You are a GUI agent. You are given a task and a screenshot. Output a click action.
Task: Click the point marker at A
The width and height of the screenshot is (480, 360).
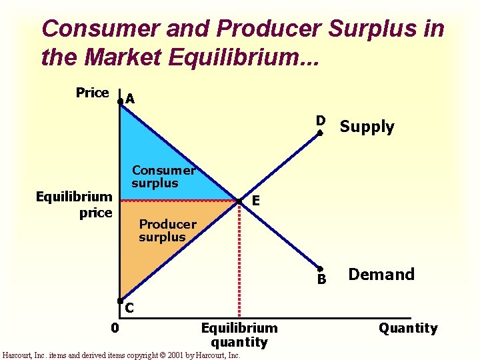tap(120, 101)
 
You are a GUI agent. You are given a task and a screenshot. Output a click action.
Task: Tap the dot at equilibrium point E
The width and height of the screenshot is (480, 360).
tap(239, 201)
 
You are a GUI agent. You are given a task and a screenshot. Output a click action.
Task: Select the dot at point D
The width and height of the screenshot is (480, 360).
tap(320, 133)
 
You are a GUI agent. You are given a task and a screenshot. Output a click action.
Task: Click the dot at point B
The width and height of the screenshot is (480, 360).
tap(320, 269)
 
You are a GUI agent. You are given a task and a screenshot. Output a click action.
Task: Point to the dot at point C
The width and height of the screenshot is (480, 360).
tap(121, 301)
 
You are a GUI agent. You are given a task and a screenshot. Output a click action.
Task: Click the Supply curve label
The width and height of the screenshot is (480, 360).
tap(367, 127)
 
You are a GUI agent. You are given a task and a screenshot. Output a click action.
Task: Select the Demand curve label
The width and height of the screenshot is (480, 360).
tap(381, 274)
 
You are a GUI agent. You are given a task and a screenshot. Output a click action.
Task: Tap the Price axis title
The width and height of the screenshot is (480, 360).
tap(92, 93)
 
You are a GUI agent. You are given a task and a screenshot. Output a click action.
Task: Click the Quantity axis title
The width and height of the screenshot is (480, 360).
tap(408, 328)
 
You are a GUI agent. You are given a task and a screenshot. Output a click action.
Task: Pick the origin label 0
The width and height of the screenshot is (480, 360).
tap(115, 328)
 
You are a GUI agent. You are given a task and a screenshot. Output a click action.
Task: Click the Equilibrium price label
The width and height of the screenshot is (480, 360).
tap(73, 205)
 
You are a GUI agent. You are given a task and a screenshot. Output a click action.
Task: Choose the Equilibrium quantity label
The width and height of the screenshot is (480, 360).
tap(239, 335)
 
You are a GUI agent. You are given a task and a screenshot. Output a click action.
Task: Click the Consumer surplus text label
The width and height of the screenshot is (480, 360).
tap(163, 177)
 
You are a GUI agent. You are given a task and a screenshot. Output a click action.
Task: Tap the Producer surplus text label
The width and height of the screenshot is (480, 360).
tap(167, 231)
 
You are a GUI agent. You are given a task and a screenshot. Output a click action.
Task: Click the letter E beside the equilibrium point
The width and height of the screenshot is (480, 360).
tap(255, 201)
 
